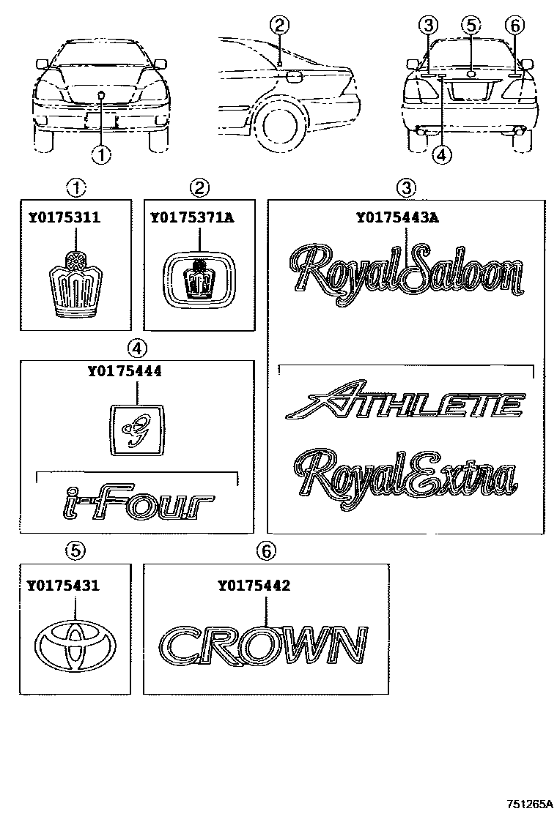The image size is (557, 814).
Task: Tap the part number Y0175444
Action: pyautogui.click(x=124, y=371)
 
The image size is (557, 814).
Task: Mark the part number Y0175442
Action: pyautogui.click(x=254, y=585)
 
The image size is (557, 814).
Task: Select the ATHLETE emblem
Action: pyautogui.click(x=405, y=404)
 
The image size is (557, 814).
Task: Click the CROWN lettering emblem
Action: pyautogui.click(x=263, y=646)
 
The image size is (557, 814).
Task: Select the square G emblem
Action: pyautogui.click(x=137, y=430)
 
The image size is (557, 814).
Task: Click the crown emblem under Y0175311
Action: pyautogui.click(x=75, y=285)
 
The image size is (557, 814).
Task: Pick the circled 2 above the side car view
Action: pyautogui.click(x=278, y=26)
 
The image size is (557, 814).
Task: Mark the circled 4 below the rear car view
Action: pyautogui.click(x=440, y=154)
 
